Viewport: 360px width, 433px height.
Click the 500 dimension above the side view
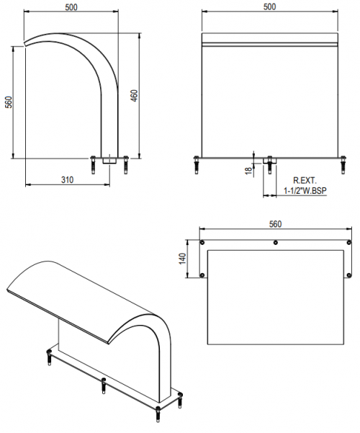[71, 7]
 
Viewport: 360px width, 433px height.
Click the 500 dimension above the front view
[269, 6]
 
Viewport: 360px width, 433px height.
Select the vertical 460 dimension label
[134, 96]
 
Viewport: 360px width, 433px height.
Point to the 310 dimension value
[68, 180]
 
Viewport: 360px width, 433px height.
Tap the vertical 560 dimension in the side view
[9, 102]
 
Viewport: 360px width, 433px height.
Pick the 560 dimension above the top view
[275, 224]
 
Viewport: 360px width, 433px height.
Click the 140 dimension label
[182, 259]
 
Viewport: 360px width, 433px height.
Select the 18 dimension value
[248, 171]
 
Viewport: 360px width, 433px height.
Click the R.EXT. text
[305, 181]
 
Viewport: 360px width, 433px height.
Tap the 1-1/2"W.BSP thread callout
[305, 190]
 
